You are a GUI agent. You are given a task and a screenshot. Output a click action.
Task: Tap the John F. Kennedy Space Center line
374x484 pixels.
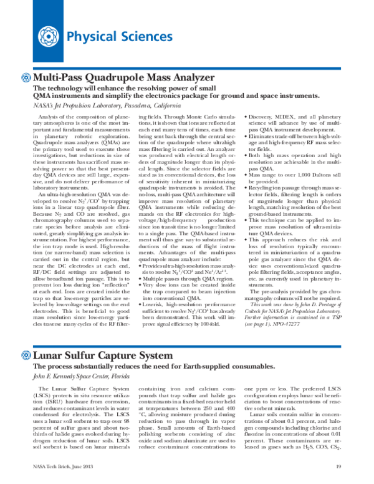(84, 376)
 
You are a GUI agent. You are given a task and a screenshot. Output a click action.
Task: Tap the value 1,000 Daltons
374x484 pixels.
(295, 175)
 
